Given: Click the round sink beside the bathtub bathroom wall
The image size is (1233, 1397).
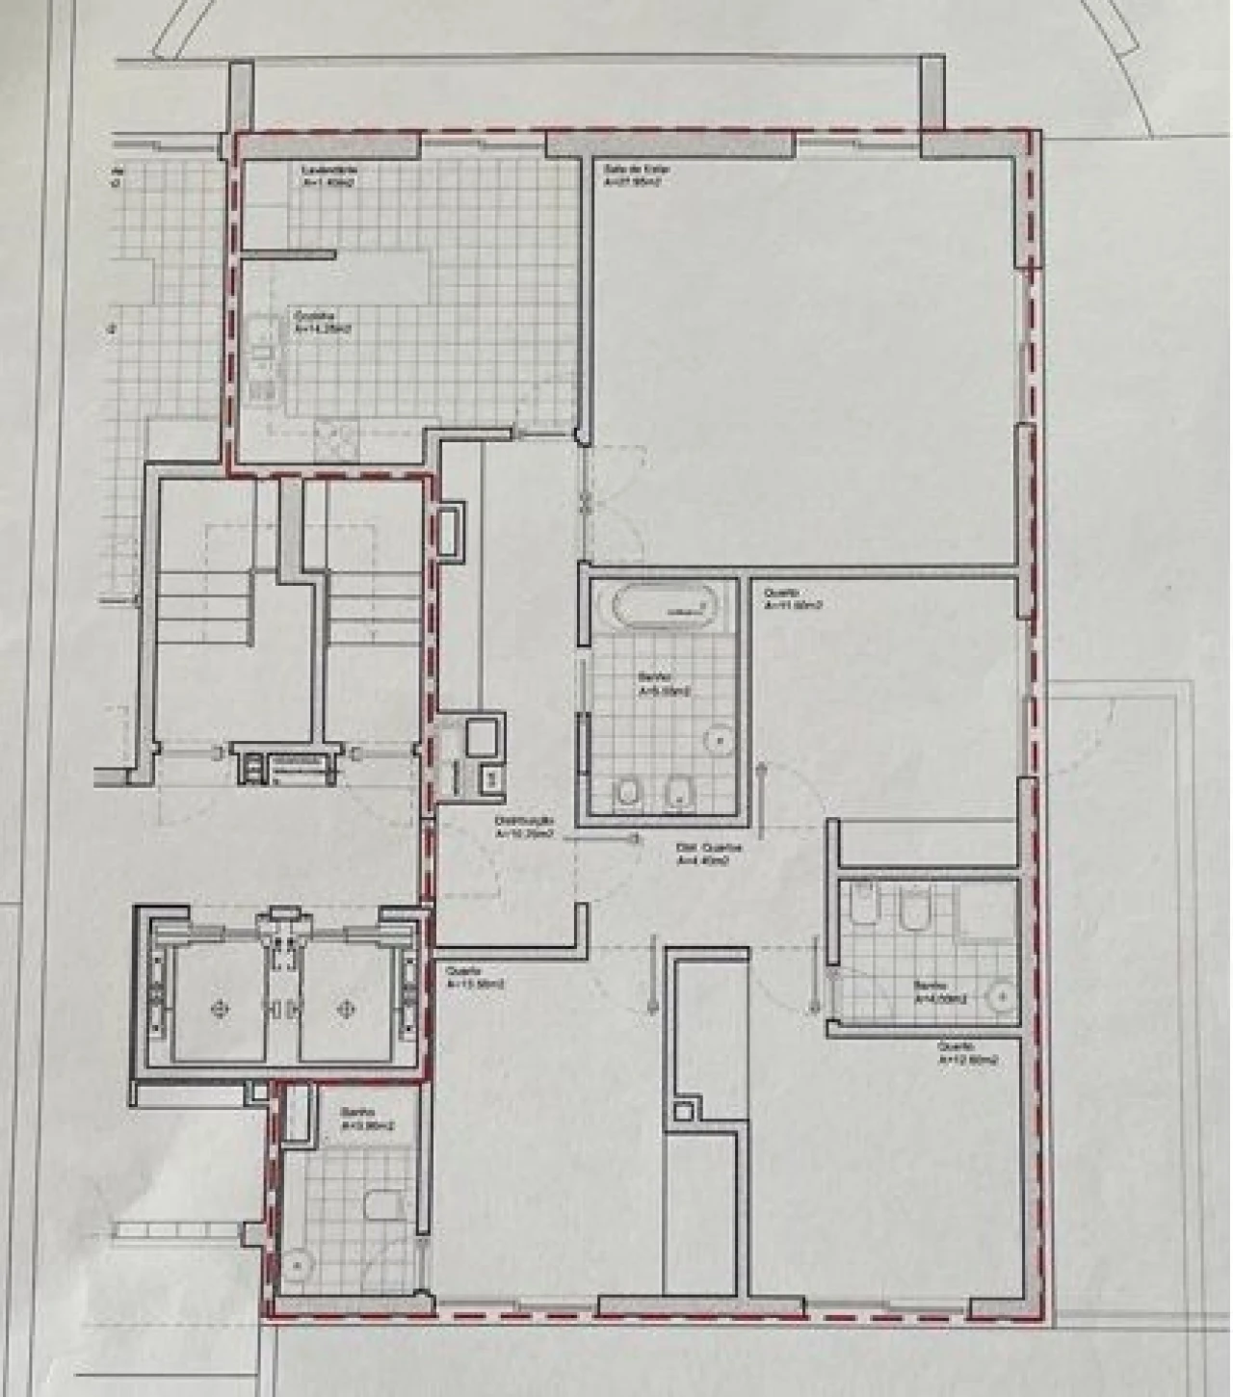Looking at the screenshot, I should point(719,739).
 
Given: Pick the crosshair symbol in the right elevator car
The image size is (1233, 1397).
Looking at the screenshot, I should point(344,1008).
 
